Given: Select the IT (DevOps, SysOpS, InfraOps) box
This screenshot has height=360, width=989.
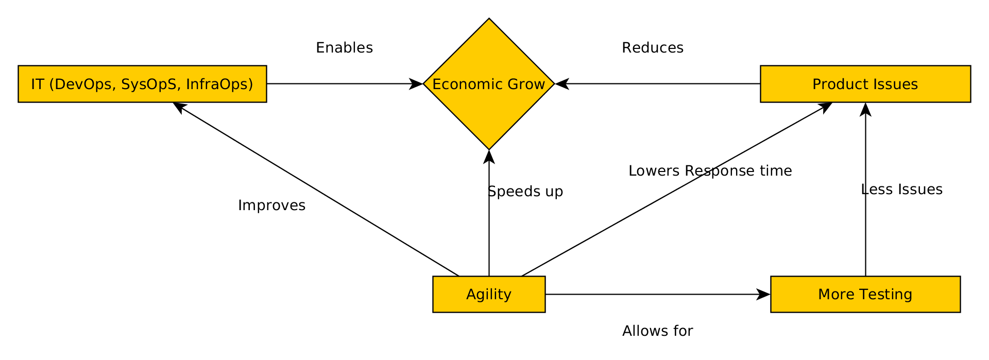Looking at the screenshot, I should (142, 84).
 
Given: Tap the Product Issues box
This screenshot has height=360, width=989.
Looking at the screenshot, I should (865, 84).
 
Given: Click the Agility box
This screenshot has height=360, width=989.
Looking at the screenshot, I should (488, 294).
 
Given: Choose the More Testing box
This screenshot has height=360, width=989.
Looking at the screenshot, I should (865, 294).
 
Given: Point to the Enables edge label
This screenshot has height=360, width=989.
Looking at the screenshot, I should (344, 48).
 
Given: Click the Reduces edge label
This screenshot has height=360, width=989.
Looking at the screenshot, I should (652, 48).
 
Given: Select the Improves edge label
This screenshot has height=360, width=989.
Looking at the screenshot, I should (271, 205).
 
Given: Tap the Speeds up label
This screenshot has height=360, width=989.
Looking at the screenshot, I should (525, 192).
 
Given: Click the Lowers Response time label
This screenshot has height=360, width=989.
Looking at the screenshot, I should (710, 171).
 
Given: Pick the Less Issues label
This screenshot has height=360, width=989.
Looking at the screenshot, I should (901, 190).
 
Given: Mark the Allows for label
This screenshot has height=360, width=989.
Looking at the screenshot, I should (657, 331).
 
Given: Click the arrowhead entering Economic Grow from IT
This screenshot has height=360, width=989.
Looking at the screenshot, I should (416, 84).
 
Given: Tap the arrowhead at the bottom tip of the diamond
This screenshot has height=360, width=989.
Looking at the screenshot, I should (488, 157).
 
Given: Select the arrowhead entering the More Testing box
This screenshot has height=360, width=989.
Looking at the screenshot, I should (763, 294).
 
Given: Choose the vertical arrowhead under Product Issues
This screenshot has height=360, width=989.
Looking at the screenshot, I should (865, 109).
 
